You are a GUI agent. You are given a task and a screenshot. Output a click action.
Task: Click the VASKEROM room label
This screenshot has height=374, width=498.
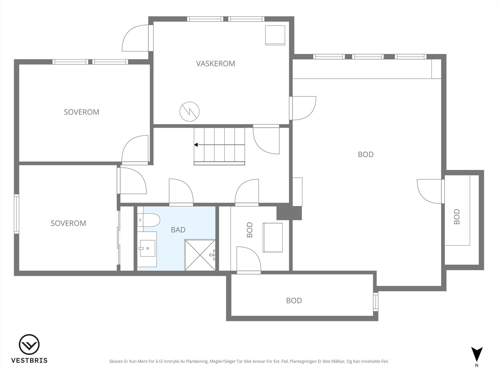[x=215, y=64]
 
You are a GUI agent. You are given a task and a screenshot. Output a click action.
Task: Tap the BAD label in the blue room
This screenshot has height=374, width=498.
[x=178, y=230]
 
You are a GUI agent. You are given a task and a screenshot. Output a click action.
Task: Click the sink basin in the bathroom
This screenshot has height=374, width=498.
[x=147, y=248]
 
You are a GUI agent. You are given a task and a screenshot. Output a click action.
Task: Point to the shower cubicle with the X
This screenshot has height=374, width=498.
[x=200, y=255]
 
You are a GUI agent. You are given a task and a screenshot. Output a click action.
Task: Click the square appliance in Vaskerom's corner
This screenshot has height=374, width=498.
[x=275, y=35]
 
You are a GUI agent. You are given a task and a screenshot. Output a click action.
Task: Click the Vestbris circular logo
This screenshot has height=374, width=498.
[x=29, y=344]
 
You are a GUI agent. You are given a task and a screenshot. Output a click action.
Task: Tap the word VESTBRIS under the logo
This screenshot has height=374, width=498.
[x=29, y=360]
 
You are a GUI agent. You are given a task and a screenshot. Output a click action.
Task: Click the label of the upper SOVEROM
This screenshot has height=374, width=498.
[x=82, y=112]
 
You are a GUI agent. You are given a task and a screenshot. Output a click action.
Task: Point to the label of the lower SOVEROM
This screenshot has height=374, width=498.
[x=68, y=223]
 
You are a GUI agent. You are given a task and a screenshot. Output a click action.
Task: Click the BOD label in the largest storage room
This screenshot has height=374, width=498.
[x=366, y=155]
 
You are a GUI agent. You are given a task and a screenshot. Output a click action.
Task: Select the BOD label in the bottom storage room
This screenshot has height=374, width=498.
[x=294, y=301]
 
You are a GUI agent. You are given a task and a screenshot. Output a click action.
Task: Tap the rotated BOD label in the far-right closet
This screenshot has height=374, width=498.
[x=457, y=217]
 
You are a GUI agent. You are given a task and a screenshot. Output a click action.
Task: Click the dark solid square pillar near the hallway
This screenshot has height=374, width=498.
[x=289, y=213]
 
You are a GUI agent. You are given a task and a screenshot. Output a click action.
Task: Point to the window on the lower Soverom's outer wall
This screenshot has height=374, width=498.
[x=16, y=214]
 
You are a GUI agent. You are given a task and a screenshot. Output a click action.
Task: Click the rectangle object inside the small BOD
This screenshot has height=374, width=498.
[x=273, y=237]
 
